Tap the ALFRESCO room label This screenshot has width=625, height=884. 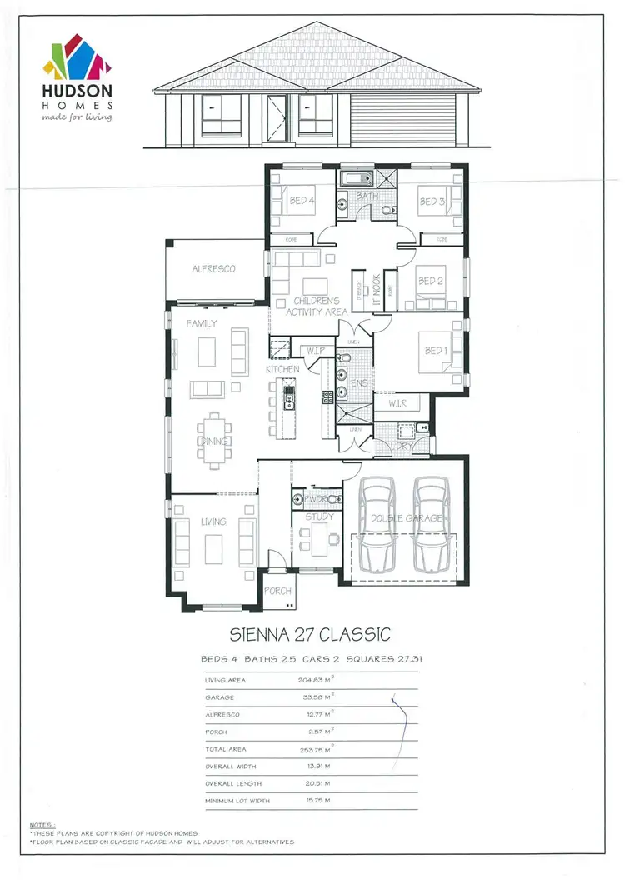point(213,269)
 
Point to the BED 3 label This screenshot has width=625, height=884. point(432,202)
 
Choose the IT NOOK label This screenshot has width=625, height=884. point(376,292)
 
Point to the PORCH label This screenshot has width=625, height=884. point(277,591)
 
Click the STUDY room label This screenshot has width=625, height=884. point(320,517)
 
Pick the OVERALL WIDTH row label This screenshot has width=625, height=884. point(232,766)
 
